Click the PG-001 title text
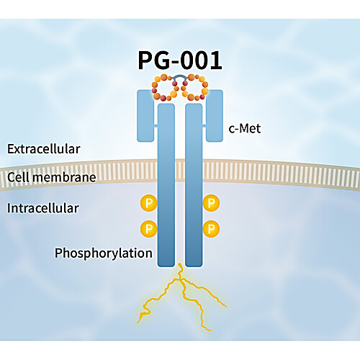180,60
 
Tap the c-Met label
245,128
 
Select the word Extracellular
43,149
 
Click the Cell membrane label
52,177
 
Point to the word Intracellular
43,208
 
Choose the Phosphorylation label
104,253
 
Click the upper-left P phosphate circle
149,203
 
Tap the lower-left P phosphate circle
149,229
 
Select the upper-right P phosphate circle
211,203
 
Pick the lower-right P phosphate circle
211,229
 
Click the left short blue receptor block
145,116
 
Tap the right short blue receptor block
215,116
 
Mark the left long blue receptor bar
166,185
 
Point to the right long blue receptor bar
194,185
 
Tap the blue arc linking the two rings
180,76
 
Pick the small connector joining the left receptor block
156,126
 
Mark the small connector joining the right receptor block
204,126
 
